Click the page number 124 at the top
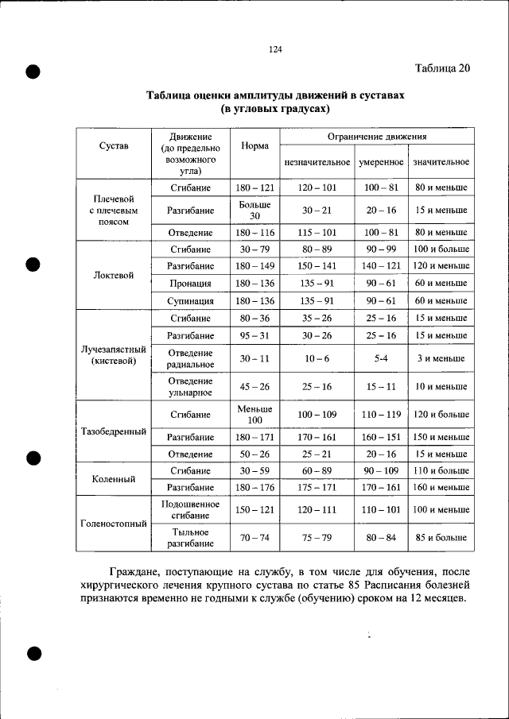275,50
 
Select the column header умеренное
381,162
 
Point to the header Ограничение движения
377,137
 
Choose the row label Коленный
113,479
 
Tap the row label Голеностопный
113,524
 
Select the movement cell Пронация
190,284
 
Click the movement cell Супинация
190,301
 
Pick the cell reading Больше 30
254,211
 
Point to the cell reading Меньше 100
254,414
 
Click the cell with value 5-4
381,359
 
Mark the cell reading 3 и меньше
441,359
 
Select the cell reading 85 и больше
441,538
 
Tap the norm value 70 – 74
254,538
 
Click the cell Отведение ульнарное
190,386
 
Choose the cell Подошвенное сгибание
190,509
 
